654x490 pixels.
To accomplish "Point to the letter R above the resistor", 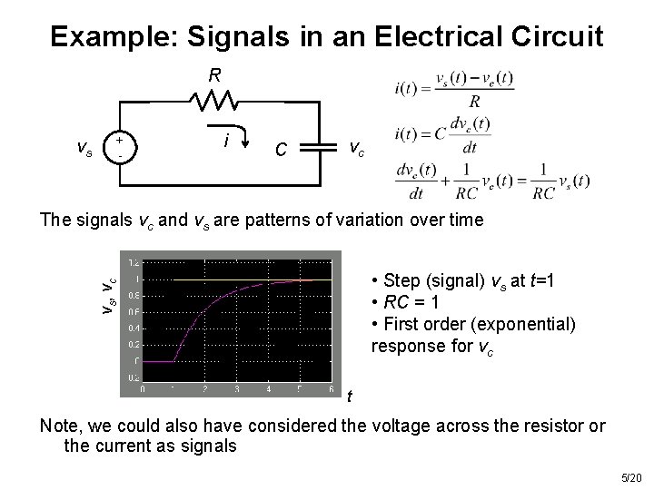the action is coord(214,75).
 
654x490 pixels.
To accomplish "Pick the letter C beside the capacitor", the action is coord(283,148).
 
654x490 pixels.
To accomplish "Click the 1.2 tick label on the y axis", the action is coord(134,263).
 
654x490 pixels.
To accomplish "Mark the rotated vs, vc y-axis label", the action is coord(108,296).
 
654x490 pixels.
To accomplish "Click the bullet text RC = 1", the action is coord(412,303).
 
